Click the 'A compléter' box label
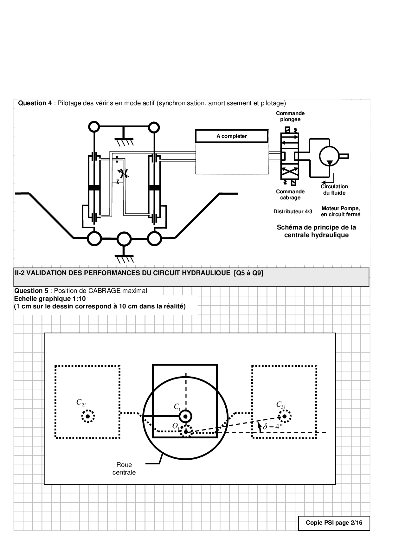[232, 136]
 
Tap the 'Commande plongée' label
[290, 116]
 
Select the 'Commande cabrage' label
[290, 195]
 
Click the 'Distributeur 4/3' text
[293, 211]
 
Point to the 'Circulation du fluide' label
[334, 190]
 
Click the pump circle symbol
[329, 156]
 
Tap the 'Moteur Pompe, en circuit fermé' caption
[341, 211]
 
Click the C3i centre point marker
[285, 416]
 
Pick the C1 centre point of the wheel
[186, 416]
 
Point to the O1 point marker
[186, 431]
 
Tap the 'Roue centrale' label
[124, 469]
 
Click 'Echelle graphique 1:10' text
[50, 299]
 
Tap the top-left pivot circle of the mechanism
[94, 127]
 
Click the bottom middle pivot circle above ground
[124, 239]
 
